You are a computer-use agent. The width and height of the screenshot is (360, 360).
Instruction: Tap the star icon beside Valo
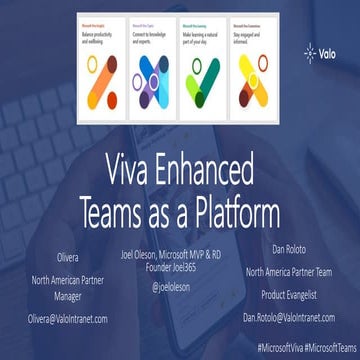pos(310,55)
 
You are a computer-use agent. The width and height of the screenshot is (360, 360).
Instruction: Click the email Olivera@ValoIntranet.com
pos(67,319)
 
